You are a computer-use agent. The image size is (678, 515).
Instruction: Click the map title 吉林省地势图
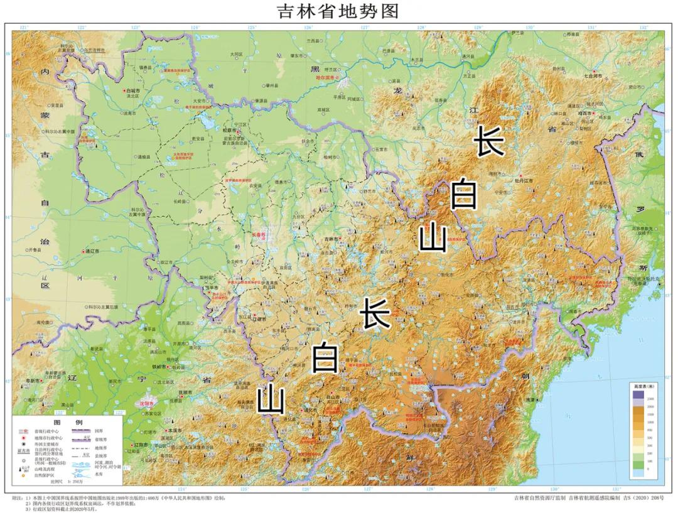point(338,11)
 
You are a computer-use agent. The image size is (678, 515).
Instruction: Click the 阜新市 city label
point(35,381)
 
